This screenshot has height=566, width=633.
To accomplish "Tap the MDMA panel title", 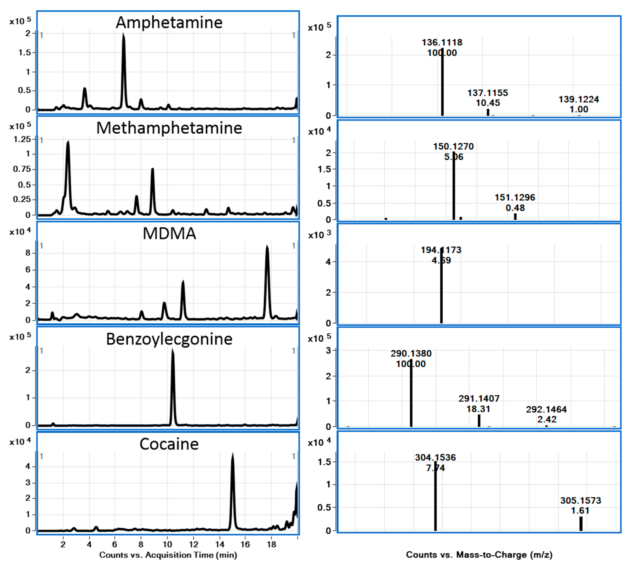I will pyautogui.click(x=169, y=233).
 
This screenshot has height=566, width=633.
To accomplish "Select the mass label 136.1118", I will pyautogui.click(x=442, y=42).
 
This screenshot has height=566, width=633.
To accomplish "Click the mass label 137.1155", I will pyautogui.click(x=487, y=93).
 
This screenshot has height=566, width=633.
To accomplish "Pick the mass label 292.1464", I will pyautogui.click(x=546, y=409).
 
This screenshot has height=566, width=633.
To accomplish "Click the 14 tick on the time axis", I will pyautogui.click(x=220, y=544).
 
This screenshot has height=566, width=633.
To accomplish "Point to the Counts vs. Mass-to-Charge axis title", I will pyautogui.click(x=479, y=555).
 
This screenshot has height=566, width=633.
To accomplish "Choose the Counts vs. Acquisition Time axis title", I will pyautogui.click(x=168, y=555).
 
